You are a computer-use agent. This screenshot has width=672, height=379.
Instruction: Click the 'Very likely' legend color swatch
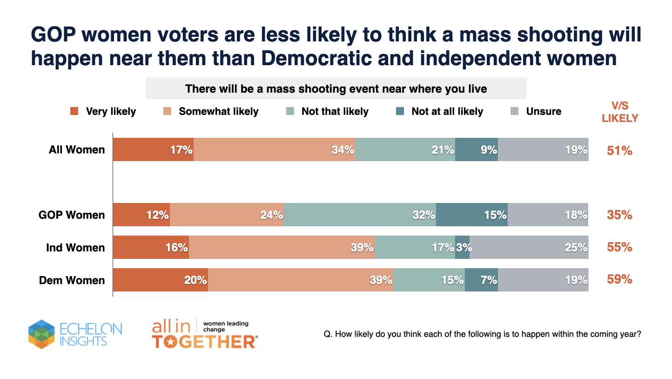[x=74, y=111]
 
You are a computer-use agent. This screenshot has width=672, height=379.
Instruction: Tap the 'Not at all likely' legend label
[x=447, y=111]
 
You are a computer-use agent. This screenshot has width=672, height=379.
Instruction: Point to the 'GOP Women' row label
[x=72, y=215]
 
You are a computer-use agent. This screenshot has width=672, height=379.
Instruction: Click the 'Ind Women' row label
[x=75, y=248]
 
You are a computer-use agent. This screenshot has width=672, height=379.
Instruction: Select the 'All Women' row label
[x=77, y=150]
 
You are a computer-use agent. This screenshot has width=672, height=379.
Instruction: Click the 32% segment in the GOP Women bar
[x=360, y=215]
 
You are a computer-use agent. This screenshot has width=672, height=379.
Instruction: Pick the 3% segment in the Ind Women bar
[x=463, y=248]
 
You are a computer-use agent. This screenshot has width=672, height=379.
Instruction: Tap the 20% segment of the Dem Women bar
[x=161, y=280]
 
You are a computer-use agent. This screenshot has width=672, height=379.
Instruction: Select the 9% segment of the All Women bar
[x=477, y=150]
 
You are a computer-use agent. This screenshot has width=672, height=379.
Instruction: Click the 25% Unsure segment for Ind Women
[x=529, y=248]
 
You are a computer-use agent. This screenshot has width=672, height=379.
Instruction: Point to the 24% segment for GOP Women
[x=227, y=215]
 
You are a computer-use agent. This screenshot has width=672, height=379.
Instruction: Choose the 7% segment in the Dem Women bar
[x=481, y=280]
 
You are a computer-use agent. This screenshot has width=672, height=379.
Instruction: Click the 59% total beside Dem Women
[x=619, y=279]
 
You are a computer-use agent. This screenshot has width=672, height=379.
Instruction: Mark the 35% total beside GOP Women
[x=619, y=215]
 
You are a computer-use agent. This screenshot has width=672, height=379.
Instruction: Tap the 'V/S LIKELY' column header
[x=619, y=112]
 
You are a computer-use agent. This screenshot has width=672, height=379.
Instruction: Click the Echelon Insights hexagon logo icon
[x=41, y=334]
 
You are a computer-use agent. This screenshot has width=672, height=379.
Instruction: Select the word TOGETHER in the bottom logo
[x=204, y=342]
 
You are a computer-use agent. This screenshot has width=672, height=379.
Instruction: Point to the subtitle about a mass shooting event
[x=336, y=88]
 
